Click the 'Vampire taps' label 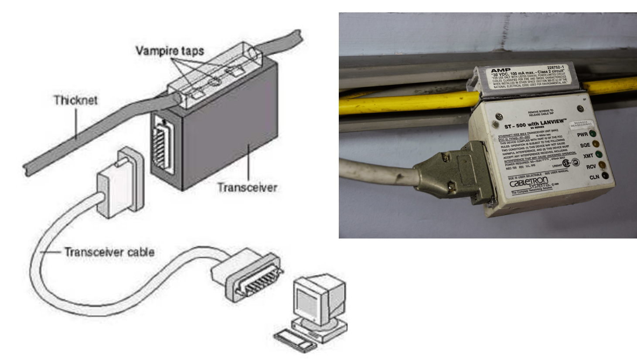point(170,51)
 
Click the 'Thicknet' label point(75,100)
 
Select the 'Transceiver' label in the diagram point(247,187)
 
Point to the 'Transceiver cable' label point(109,252)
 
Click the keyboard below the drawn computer point(296,340)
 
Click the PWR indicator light point(593,133)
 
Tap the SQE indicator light point(596,144)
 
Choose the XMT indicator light point(599,154)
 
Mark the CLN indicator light point(605,176)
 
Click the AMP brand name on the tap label point(501,71)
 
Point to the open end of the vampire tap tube point(252,54)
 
